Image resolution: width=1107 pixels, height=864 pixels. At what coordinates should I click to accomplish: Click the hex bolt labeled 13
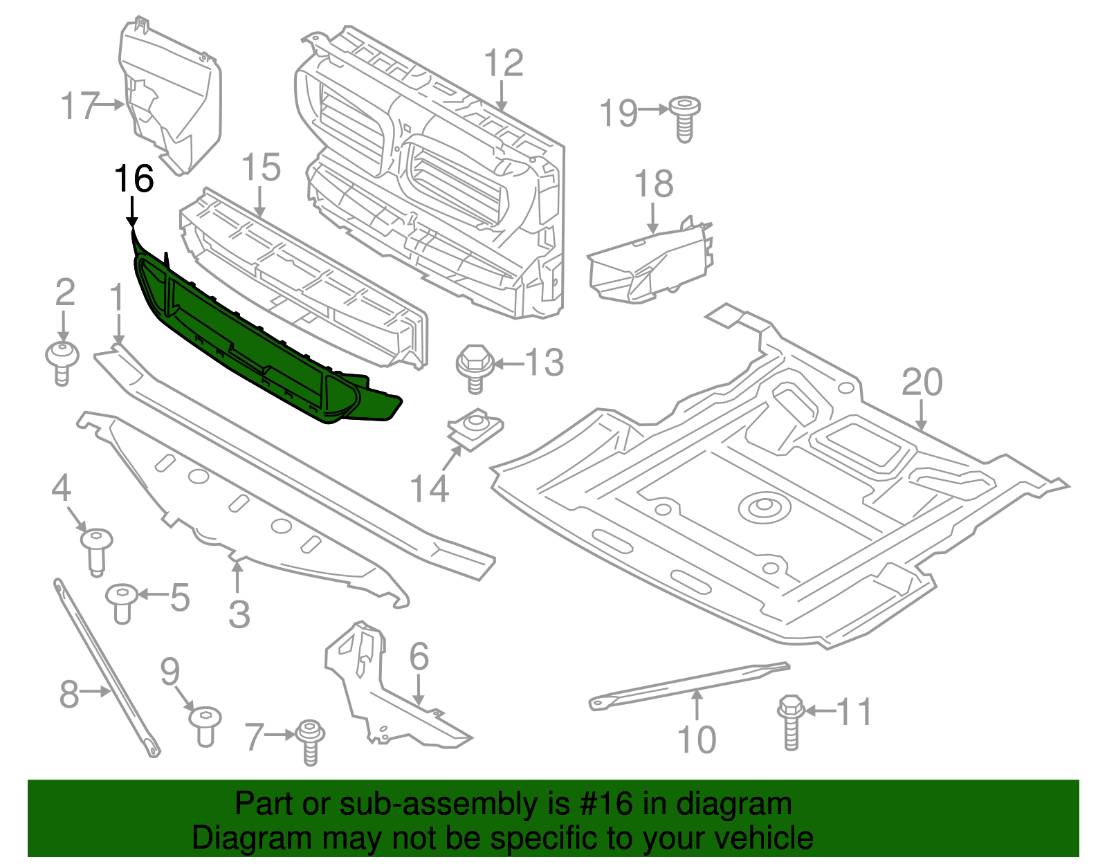click(x=474, y=367)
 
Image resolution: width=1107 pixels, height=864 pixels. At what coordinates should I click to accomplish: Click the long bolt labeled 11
click(x=791, y=723)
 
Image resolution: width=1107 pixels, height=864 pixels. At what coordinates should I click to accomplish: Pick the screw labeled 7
click(x=311, y=742)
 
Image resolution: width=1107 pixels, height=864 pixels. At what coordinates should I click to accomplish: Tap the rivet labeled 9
click(x=205, y=726)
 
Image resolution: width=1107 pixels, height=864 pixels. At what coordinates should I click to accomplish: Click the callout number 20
click(x=922, y=383)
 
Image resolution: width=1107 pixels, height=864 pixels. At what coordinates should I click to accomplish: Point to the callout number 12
click(x=503, y=64)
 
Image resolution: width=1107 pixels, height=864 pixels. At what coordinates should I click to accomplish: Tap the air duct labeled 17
click(x=173, y=97)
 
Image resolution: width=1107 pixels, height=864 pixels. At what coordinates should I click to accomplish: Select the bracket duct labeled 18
click(x=650, y=266)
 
